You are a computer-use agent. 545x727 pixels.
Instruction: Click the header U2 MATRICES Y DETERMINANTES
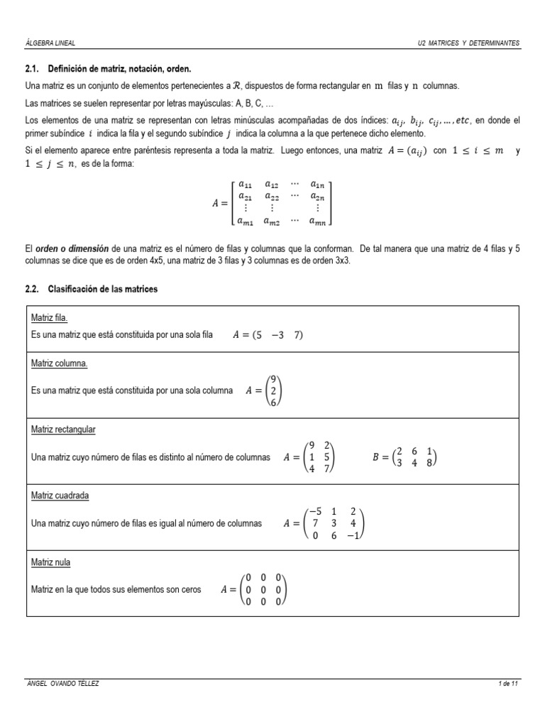click(x=469, y=43)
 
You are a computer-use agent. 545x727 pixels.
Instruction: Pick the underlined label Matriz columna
click(x=60, y=363)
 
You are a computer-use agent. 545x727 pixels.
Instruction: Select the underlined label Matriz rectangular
click(x=64, y=430)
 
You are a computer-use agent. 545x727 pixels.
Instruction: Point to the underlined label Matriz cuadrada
click(x=60, y=496)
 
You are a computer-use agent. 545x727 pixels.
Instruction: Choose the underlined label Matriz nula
click(x=51, y=562)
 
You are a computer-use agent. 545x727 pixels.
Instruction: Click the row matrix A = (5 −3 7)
click(x=268, y=336)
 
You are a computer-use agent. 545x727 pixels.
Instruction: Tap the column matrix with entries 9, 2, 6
click(x=274, y=390)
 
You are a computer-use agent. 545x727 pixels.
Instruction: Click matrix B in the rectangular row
click(x=404, y=458)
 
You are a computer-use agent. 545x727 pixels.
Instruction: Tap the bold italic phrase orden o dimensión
click(x=71, y=249)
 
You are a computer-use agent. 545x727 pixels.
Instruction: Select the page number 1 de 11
click(x=509, y=684)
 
